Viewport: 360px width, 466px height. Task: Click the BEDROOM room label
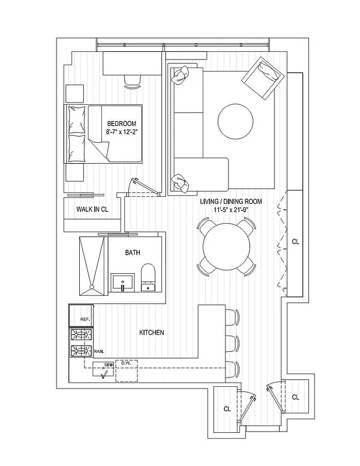pyautogui.click(x=121, y=123)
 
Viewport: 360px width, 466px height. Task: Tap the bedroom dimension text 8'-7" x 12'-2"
pyautogui.click(x=121, y=133)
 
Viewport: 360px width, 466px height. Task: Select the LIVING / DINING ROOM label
pyautogui.click(x=231, y=202)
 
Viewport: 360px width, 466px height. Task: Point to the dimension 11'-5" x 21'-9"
pyautogui.click(x=231, y=210)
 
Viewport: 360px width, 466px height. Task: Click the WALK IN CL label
pyautogui.click(x=91, y=209)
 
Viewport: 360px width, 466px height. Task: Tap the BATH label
pyautogui.click(x=132, y=253)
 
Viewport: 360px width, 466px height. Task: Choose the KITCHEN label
pyautogui.click(x=151, y=333)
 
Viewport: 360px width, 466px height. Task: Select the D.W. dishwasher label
pyautogui.click(x=125, y=364)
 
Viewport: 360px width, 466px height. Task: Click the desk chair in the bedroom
pyautogui.click(x=133, y=81)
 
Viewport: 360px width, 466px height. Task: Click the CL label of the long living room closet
pyautogui.click(x=295, y=241)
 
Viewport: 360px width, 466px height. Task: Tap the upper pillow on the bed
pyautogui.click(x=76, y=120)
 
